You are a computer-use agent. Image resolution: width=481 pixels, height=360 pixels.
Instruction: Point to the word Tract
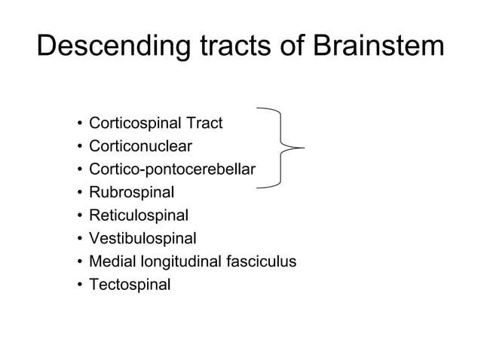[x=204, y=122]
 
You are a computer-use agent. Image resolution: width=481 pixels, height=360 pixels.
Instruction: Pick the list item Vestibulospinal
[x=142, y=239]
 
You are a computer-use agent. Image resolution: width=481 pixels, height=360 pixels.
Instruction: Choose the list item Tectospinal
[x=130, y=285]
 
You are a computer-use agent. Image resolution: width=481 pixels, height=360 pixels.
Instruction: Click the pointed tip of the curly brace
[x=302, y=147]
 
